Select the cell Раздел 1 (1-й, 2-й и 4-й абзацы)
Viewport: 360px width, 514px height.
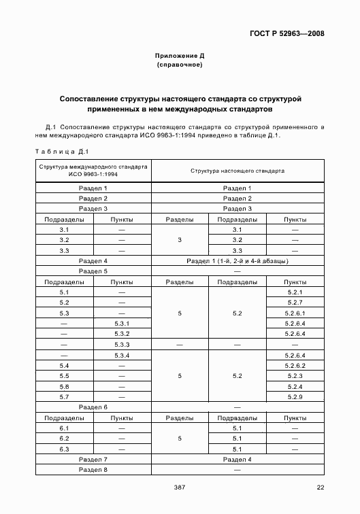[x=238, y=260]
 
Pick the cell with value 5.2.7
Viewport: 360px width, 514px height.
[x=295, y=302]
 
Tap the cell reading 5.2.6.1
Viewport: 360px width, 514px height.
[x=295, y=313]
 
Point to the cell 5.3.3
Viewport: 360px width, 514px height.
[x=122, y=345]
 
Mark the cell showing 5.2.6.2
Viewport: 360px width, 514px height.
[x=295, y=366]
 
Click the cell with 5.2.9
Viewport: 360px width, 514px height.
[x=295, y=396]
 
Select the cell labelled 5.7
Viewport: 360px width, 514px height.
[x=65, y=396]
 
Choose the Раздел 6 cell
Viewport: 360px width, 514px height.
[x=93, y=407]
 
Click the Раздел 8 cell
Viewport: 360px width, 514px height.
[x=93, y=470]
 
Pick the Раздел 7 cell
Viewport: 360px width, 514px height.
[x=93, y=460]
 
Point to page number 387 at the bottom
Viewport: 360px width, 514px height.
[x=180, y=487]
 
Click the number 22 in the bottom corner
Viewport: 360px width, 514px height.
[x=321, y=487]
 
